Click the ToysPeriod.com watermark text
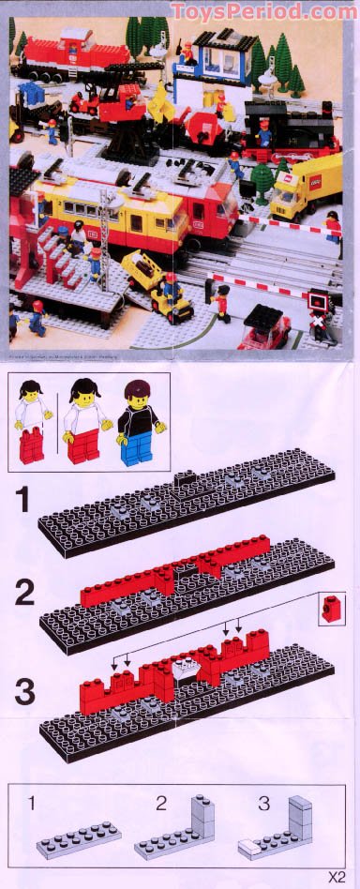click(264, 11)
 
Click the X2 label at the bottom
click(337, 878)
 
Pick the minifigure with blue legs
click(137, 422)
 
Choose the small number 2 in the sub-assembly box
click(161, 803)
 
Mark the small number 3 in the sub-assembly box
click(265, 803)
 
